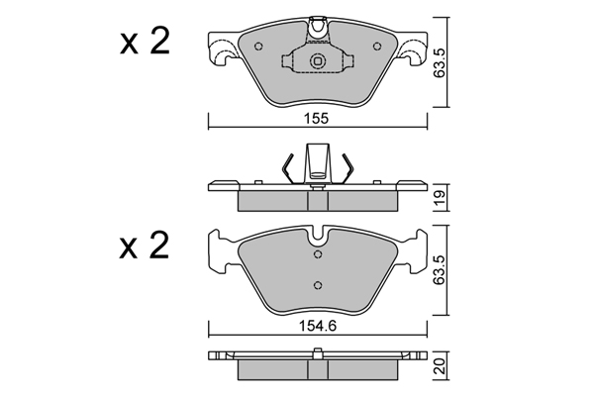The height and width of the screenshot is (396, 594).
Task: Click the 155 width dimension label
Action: (x=318, y=118)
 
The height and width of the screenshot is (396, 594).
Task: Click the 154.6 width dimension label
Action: (x=318, y=325)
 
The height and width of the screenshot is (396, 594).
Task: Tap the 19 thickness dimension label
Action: (x=441, y=197)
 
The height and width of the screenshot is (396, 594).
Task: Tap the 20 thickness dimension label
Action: (x=441, y=366)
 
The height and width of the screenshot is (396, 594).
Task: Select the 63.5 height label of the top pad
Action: (x=441, y=63)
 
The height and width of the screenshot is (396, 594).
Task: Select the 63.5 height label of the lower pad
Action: (x=441, y=269)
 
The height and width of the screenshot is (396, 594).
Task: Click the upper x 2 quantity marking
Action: (x=145, y=41)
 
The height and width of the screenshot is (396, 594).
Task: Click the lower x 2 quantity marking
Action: (x=145, y=246)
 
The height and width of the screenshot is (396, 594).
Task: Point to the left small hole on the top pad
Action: (x=258, y=47)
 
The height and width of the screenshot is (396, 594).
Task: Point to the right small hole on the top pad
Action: (x=376, y=47)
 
